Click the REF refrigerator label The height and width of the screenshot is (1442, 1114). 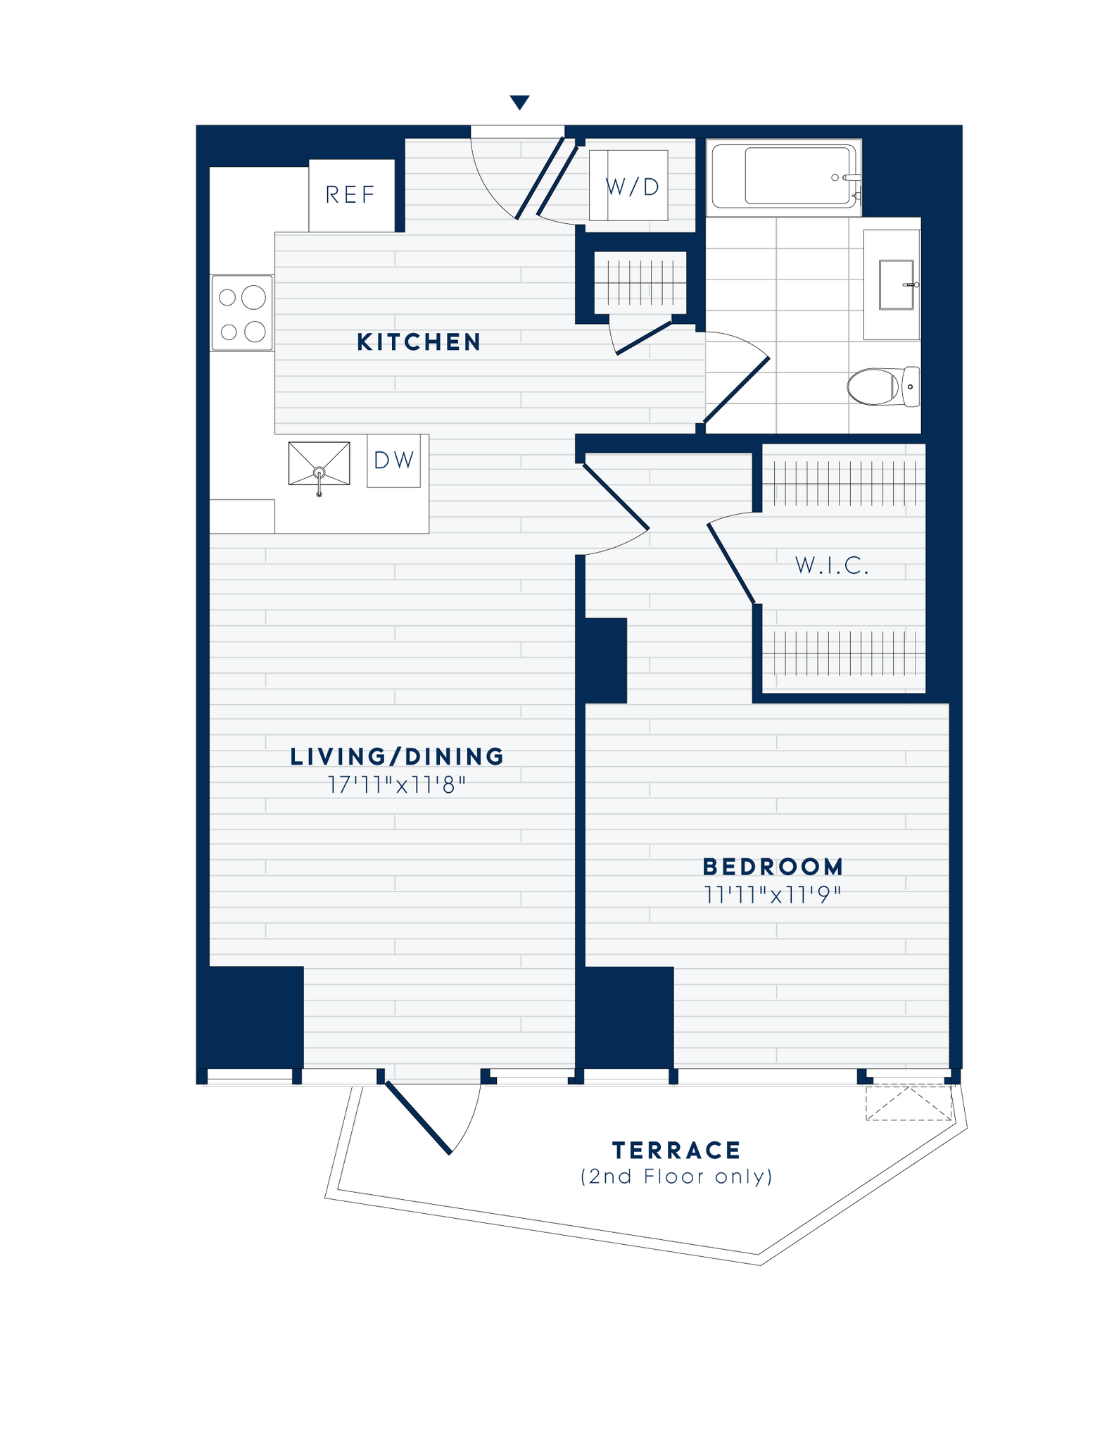(x=350, y=195)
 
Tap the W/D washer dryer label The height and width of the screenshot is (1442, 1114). (x=632, y=187)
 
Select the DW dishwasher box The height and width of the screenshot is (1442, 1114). (x=393, y=460)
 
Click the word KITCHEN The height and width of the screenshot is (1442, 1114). (x=419, y=342)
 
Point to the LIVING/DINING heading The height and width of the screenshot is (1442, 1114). (x=398, y=757)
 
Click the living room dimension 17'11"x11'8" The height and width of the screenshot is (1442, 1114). (x=398, y=785)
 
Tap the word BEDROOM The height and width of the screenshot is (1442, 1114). (x=773, y=867)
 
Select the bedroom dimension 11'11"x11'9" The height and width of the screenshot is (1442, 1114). (x=773, y=896)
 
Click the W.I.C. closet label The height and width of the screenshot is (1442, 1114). (x=833, y=565)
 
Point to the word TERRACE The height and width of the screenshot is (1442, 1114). (x=676, y=1151)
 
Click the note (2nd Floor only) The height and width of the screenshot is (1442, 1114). (x=676, y=1177)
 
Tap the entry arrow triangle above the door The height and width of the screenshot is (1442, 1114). (x=519, y=103)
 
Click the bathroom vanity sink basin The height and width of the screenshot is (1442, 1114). (x=897, y=284)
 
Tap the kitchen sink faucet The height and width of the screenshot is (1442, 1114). (x=319, y=479)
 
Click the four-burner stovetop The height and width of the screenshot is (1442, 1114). (x=242, y=313)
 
